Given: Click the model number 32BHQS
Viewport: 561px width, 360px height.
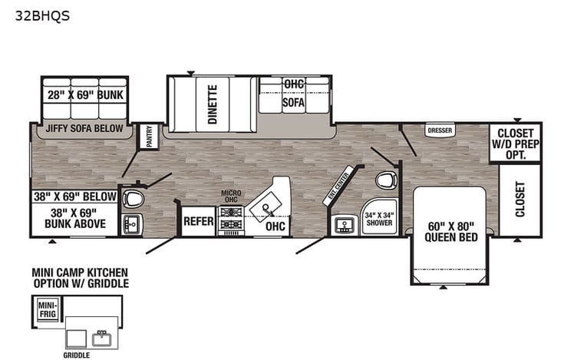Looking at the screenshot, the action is coord(42,16).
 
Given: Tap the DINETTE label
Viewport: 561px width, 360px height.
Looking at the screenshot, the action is coord(213,104).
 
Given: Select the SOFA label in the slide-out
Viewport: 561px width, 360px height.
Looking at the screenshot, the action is coord(293,103).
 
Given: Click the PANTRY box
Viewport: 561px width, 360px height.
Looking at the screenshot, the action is coord(149,137).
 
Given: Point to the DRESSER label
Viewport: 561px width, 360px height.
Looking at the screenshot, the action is coord(440,130).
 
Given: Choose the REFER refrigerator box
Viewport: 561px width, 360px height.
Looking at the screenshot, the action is coord(199,221).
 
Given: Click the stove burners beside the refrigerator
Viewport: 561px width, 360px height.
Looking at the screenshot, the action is coord(231,218).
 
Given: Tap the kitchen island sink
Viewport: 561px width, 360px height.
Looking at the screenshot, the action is coord(266,207).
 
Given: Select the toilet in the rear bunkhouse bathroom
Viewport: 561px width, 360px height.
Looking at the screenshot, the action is coord(133,199).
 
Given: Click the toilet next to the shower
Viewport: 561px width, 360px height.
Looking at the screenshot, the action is coord(386,180).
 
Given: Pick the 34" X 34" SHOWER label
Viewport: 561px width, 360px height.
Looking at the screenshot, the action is coord(380,219).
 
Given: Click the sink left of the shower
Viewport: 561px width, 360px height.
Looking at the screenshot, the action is coord(344,226).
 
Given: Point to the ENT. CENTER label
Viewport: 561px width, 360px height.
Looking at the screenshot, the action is coord(338,186).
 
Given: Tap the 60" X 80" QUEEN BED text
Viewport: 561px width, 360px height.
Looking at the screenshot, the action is coord(451,232).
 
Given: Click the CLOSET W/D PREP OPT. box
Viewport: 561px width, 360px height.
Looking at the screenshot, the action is coord(516,144).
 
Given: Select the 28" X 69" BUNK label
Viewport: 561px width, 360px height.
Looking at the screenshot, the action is coord(85,95).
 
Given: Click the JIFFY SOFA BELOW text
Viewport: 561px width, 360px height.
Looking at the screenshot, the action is coord(84,128).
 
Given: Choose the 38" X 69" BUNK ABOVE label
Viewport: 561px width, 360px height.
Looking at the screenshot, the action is coord(75,218).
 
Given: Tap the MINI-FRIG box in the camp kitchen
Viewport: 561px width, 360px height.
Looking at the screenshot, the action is coord(48,310).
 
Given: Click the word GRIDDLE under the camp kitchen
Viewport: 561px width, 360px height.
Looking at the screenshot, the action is coord(77,355).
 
